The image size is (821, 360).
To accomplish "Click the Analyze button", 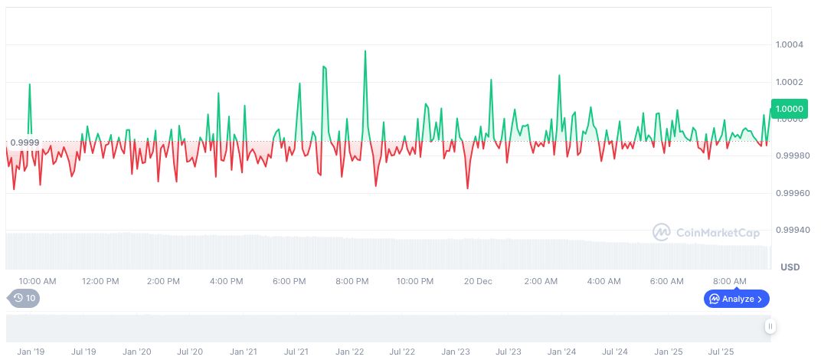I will point(736,299).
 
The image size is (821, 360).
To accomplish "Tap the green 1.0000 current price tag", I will point(789,110).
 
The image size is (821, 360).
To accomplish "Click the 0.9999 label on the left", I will point(25,142).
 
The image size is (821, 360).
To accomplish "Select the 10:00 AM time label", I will point(38,281).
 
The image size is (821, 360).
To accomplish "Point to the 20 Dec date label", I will point(478,281).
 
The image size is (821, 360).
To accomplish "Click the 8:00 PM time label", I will point(352,281).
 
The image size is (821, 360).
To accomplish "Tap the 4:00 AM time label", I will point(603,281).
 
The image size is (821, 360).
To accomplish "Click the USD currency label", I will point(790,267).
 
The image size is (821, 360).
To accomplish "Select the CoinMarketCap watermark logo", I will point(706,232).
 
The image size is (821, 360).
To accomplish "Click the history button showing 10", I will point(23,299).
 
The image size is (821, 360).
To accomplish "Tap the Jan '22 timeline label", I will point(348,352).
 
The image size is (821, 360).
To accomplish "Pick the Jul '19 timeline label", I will point(83,352).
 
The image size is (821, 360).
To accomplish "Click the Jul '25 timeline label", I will point(721,352).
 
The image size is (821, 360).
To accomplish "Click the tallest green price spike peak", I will point(365,51).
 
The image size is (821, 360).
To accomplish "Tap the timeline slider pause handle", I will point(770,326).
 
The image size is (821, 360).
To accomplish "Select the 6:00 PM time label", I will point(289,281).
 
